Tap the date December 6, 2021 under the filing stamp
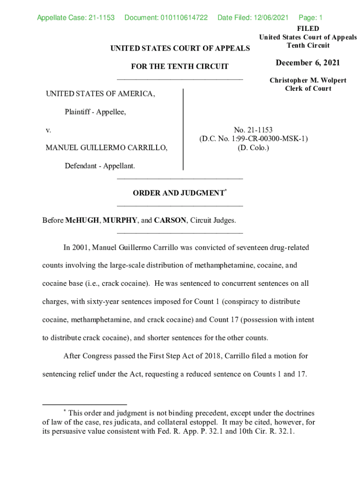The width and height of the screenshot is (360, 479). coord(308,63)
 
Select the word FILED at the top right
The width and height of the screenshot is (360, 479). coord(308,29)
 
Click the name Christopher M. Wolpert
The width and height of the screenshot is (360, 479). coord(308,80)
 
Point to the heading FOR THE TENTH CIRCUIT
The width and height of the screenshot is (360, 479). coord(180,66)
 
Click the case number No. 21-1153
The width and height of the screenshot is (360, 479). coord(253,130)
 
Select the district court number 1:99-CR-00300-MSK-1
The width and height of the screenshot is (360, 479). coord(270,139)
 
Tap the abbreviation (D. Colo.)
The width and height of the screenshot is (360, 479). coord(253,148)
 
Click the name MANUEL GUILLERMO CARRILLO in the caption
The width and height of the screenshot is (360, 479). coord(106,148)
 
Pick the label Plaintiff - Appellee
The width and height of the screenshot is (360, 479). coord(95,112)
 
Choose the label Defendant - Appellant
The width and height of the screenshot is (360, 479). coord(100,166)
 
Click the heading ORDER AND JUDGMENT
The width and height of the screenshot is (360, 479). coord(178,193)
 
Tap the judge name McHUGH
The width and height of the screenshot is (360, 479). coord(82,220)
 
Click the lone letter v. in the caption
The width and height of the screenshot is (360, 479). coord(48,130)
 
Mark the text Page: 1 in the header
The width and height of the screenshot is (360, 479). coord(310,18)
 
